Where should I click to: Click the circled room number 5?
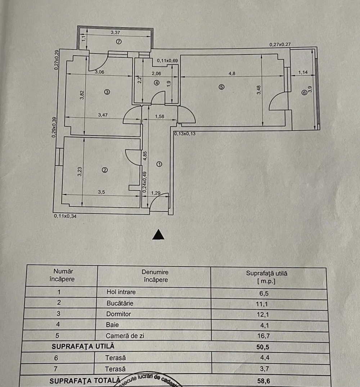[x=221, y=87]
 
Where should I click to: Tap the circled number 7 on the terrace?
[x=119, y=41]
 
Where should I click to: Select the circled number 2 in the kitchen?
[x=105, y=170]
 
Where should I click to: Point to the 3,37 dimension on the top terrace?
[x=115, y=32]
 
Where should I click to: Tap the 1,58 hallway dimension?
[x=159, y=116]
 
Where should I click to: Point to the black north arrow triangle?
[x=158, y=235]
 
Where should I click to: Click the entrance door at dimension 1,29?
[x=159, y=202]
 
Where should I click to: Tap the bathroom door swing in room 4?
[x=158, y=98]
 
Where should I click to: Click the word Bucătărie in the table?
[x=120, y=303]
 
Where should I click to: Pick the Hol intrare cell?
[x=121, y=292]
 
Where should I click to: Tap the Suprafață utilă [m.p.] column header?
[x=266, y=276]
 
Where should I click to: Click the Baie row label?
[x=112, y=325]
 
